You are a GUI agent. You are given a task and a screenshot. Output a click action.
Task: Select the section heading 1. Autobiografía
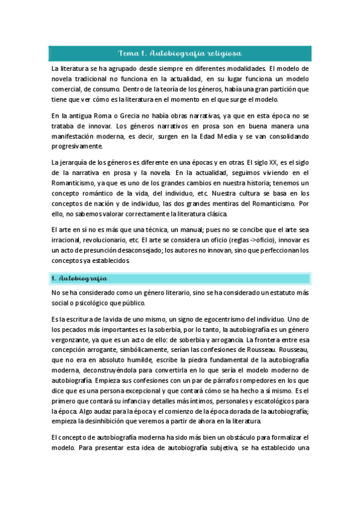click(79, 278)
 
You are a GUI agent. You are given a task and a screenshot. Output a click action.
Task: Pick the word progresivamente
click(78, 146)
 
